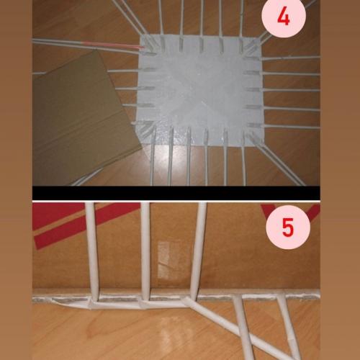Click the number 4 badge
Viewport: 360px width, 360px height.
click(x=283, y=18)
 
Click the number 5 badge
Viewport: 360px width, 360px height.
click(x=287, y=228)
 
